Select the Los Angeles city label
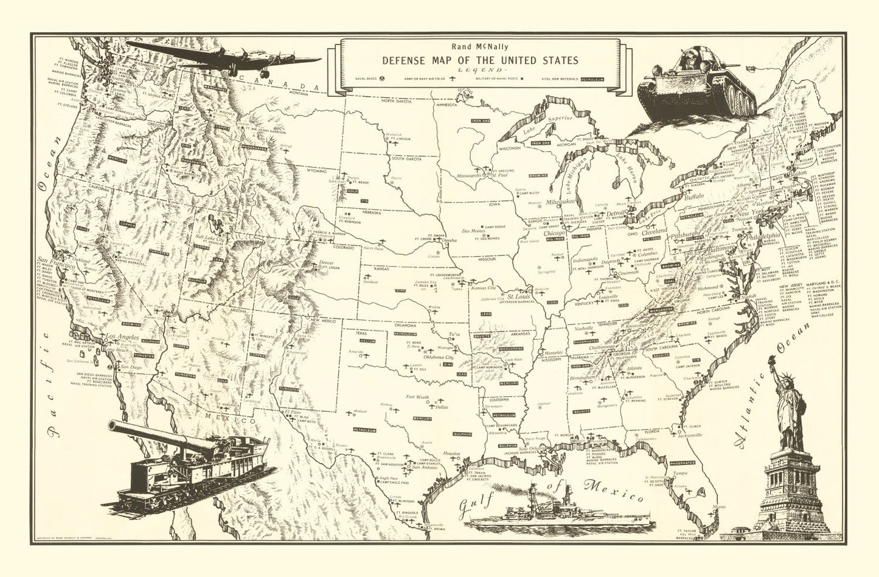tap(123, 337)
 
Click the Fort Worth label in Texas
tap(417, 398)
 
